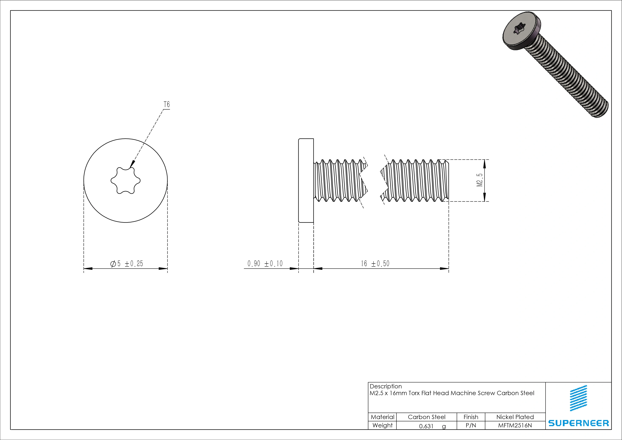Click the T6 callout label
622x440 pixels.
click(x=167, y=104)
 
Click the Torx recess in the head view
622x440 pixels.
click(x=125, y=180)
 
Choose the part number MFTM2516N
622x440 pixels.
click(x=515, y=426)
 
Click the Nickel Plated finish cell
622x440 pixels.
click(x=515, y=417)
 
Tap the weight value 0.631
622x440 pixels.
click(x=426, y=426)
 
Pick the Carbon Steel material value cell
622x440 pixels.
click(x=426, y=417)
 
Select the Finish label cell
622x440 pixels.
click(x=471, y=417)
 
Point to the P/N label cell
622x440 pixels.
click(x=471, y=426)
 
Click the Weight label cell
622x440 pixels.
click(x=382, y=425)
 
